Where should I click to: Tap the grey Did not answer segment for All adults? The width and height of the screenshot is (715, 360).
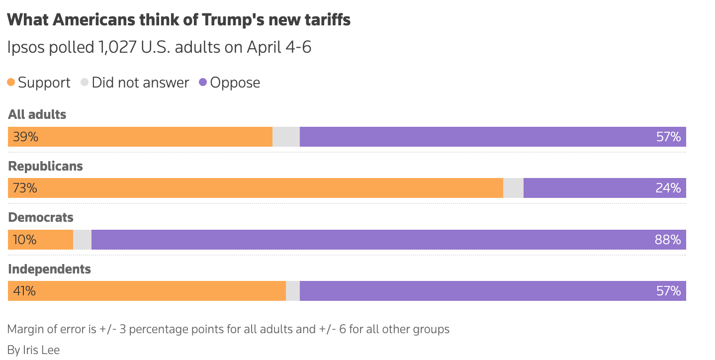[286, 137]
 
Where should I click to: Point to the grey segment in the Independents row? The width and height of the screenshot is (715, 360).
[293, 291]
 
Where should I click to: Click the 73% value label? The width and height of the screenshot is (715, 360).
[25, 188]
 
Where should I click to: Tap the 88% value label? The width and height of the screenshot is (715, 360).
[668, 240]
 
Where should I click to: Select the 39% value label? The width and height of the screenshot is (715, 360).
[26, 137]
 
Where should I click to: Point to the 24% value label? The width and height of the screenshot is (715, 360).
[668, 188]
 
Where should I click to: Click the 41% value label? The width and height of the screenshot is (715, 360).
[24, 291]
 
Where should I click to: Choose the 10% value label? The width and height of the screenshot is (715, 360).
[25, 240]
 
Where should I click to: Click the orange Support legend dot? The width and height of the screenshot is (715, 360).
[11, 83]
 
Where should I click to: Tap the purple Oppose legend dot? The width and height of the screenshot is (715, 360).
[203, 83]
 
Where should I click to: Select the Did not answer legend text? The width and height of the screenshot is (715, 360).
[140, 83]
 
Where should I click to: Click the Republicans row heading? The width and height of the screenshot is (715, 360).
[46, 166]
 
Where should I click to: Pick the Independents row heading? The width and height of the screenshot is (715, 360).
[50, 269]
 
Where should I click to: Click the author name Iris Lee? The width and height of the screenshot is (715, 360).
[41, 350]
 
